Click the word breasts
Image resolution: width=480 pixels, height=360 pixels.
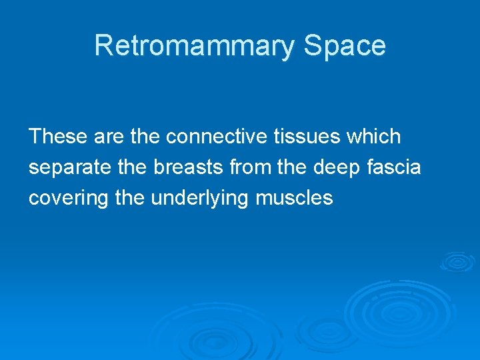tap(190, 167)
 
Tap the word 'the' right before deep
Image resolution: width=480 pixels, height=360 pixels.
tap(294, 167)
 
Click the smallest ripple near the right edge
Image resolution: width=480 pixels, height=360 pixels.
tap(457, 261)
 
